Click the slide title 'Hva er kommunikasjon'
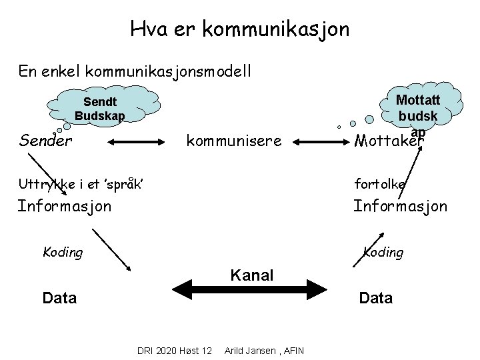(x=239, y=29)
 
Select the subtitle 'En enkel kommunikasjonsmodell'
(x=135, y=71)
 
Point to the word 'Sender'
(x=46, y=141)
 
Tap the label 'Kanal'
(x=251, y=274)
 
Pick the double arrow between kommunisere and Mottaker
(x=319, y=141)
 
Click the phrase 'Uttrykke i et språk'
(x=82, y=183)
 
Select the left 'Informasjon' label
(x=65, y=206)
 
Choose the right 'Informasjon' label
(x=400, y=206)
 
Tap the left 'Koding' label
(x=63, y=252)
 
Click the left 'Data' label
(x=59, y=297)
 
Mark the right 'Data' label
(x=375, y=297)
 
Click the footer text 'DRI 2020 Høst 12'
(x=174, y=351)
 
